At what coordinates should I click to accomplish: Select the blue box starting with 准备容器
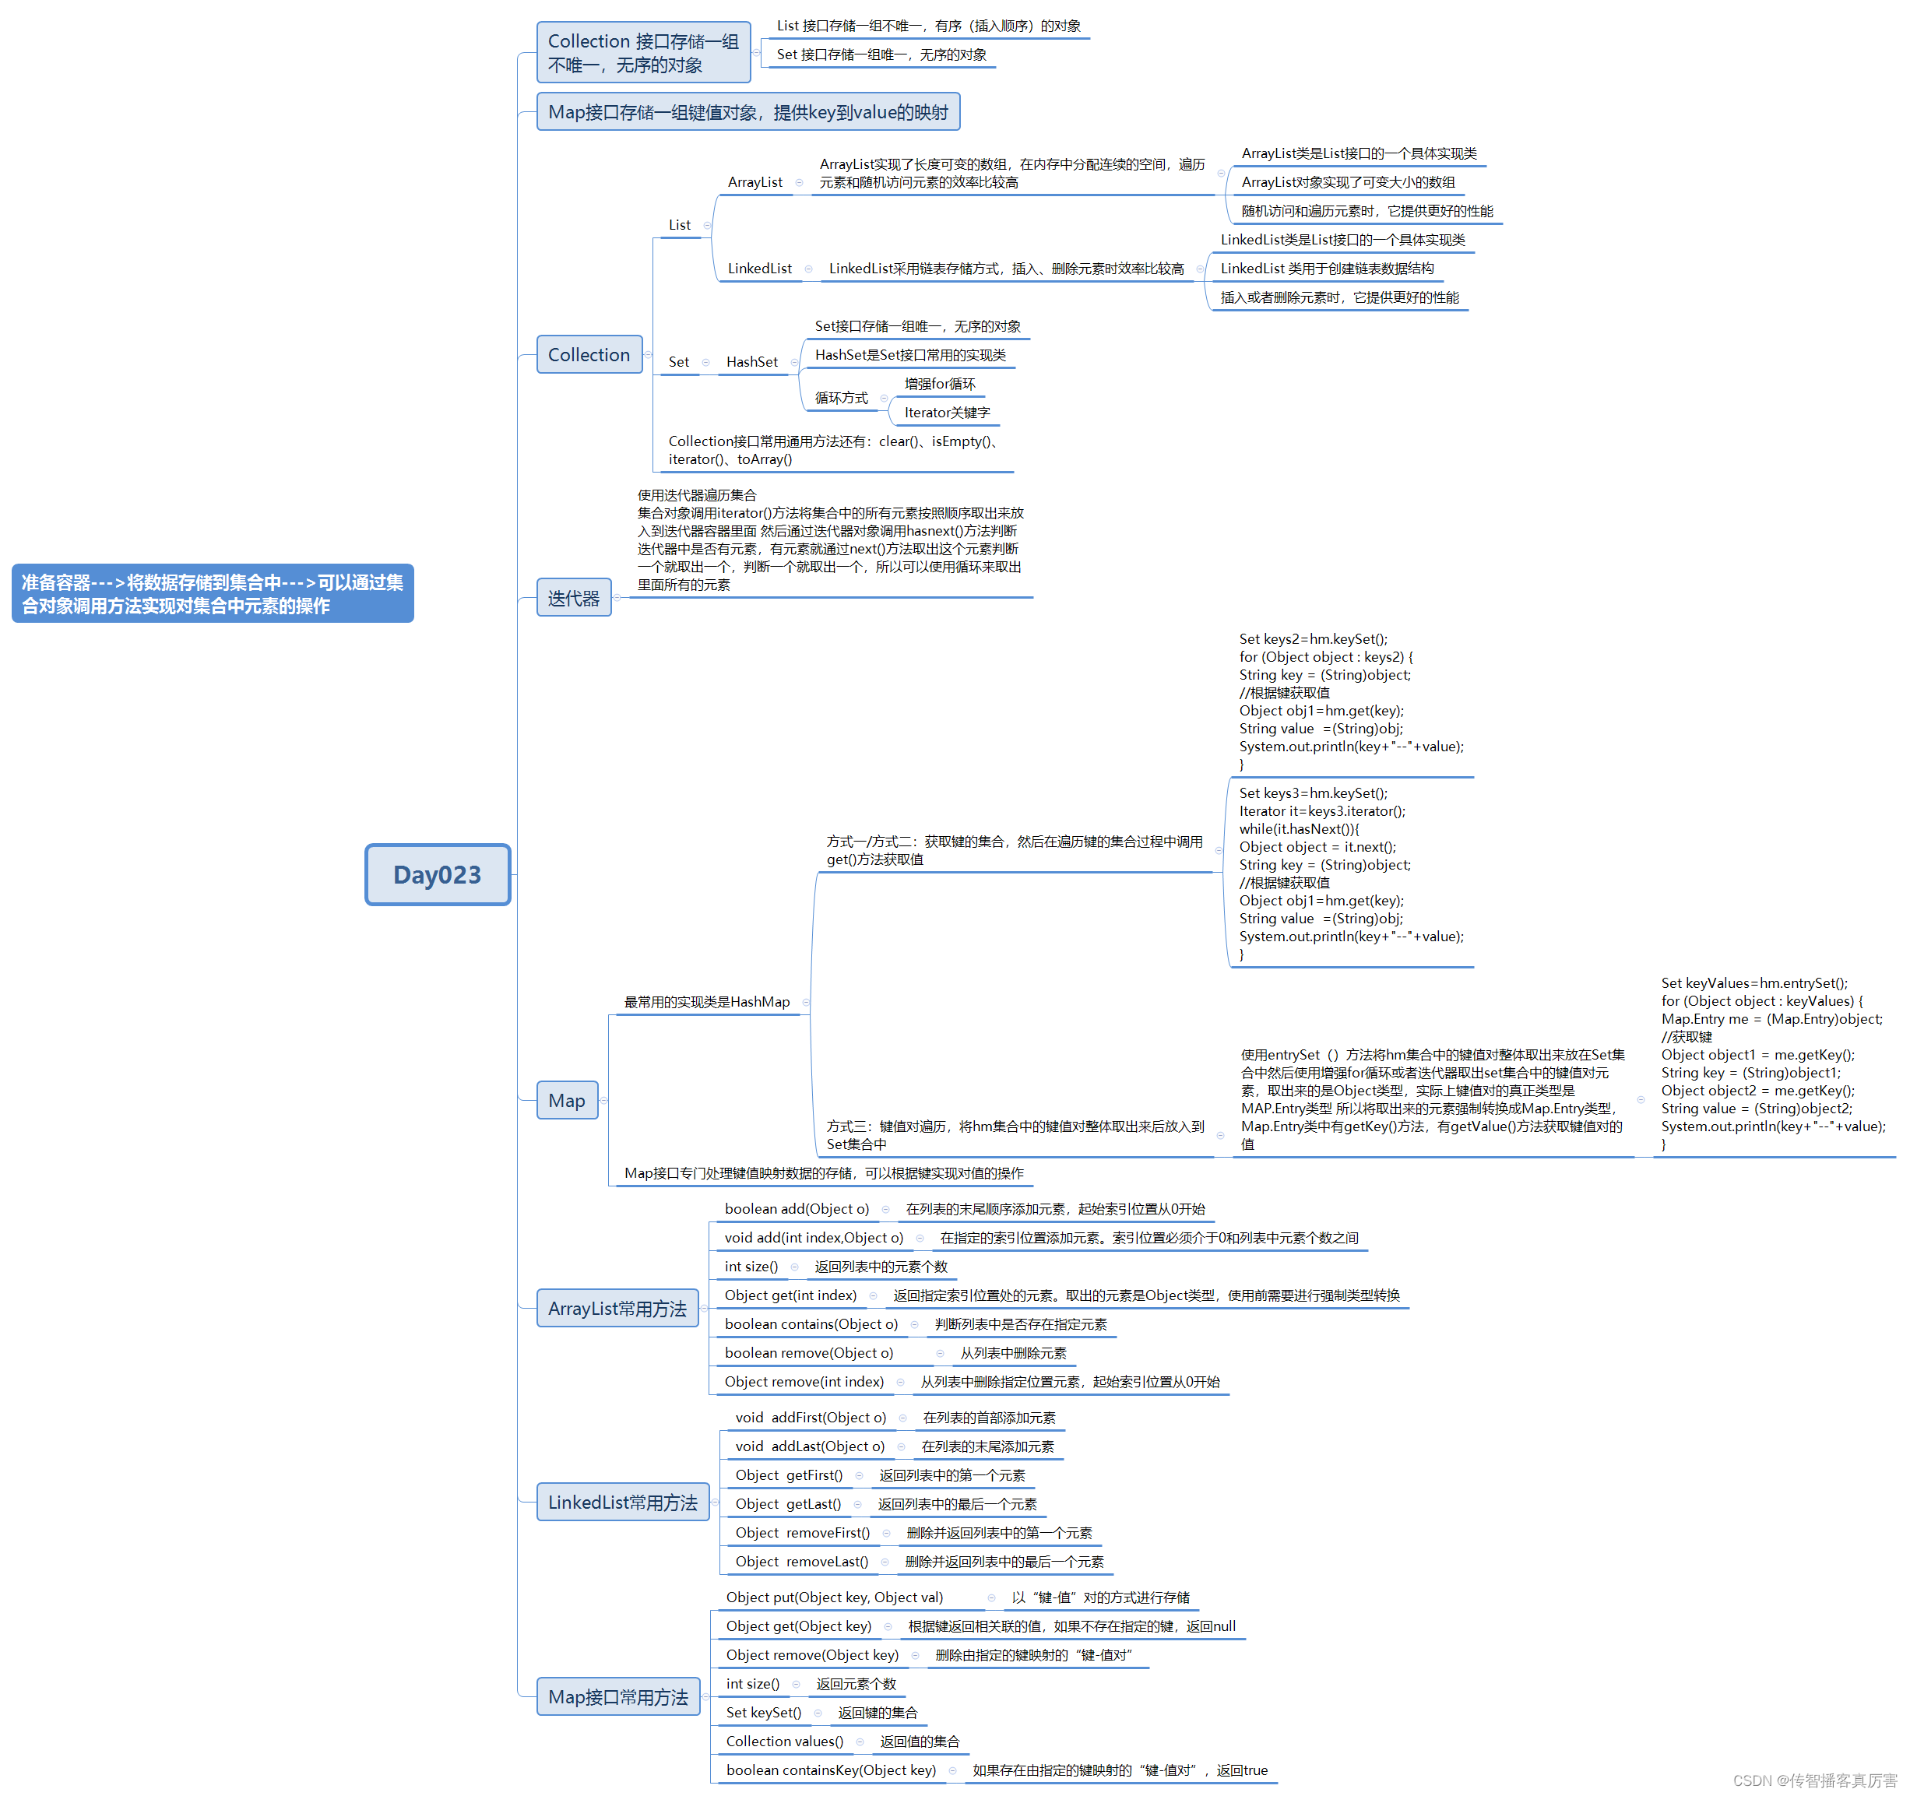[x=213, y=593]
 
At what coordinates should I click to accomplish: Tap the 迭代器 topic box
[x=574, y=599]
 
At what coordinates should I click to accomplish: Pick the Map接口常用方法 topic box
[x=617, y=1697]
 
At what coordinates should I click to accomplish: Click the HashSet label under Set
[x=751, y=362]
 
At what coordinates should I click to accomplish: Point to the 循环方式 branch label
[x=841, y=398]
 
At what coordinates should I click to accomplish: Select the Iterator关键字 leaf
[x=946, y=413]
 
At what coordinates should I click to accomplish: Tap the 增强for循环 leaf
[x=939, y=384]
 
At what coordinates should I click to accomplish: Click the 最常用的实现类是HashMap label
[x=706, y=1002]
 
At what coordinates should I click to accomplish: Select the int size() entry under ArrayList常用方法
[x=751, y=1267]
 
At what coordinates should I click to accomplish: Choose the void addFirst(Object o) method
[x=810, y=1418]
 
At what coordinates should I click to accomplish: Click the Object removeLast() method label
[x=801, y=1562]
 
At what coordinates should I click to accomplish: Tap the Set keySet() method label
[x=763, y=1713]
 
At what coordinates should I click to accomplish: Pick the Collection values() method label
[x=784, y=1742]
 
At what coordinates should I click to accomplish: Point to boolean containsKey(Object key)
[x=830, y=1770]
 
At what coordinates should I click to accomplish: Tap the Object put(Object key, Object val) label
[x=834, y=1597]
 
